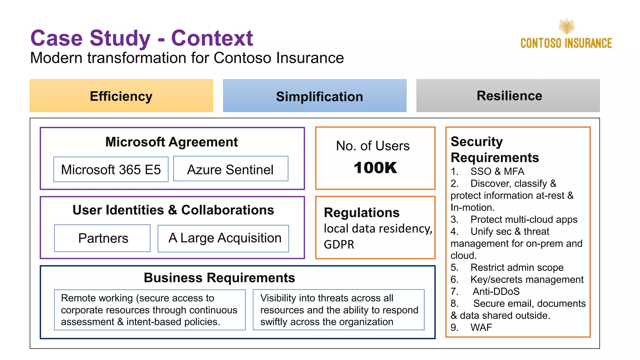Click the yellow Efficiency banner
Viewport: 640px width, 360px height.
(121, 96)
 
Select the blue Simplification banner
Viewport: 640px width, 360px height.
(315, 96)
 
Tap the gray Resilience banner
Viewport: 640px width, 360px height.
(508, 96)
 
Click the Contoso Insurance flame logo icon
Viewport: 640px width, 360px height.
(567, 27)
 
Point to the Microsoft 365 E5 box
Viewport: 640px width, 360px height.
(111, 169)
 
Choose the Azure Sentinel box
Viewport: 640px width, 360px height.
(231, 169)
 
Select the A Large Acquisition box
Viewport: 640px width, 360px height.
(223, 238)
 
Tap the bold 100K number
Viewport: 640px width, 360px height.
(375, 168)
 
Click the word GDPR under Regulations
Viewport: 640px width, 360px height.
(339, 244)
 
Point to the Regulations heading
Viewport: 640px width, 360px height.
(362, 212)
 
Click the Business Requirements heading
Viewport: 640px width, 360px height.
(219, 277)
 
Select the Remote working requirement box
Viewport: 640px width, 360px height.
(150, 310)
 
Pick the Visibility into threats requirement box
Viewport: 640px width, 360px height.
(338, 310)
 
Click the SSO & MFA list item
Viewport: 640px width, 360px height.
(497, 171)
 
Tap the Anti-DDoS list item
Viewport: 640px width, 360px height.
(496, 291)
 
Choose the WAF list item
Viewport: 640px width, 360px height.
(481, 327)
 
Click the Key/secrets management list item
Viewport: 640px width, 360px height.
(527, 279)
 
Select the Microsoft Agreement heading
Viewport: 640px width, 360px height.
(172, 142)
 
